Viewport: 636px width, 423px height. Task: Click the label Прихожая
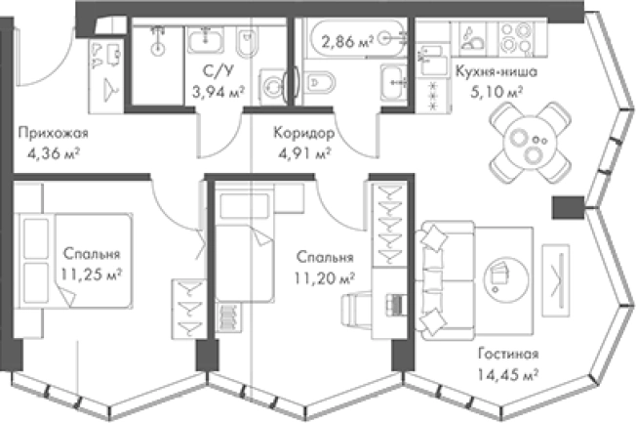53,133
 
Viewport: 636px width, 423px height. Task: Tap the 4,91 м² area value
304,153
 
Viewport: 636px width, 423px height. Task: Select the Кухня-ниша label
497,71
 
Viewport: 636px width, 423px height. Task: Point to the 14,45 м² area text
507,374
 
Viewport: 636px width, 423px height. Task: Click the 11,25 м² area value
92,275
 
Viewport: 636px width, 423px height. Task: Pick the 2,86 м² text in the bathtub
347,41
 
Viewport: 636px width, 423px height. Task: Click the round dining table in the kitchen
531,143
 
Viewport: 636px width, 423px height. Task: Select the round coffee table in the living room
506,279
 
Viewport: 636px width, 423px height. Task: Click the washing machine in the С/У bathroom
272,87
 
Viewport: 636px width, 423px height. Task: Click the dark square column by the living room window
569,208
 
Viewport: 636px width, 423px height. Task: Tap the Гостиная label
508,354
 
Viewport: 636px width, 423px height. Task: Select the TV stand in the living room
556,280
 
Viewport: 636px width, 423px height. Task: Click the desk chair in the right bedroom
356,309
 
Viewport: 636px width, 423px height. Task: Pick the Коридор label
304,133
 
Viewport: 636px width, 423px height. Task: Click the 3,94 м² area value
219,92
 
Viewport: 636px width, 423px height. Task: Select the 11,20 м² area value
325,278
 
